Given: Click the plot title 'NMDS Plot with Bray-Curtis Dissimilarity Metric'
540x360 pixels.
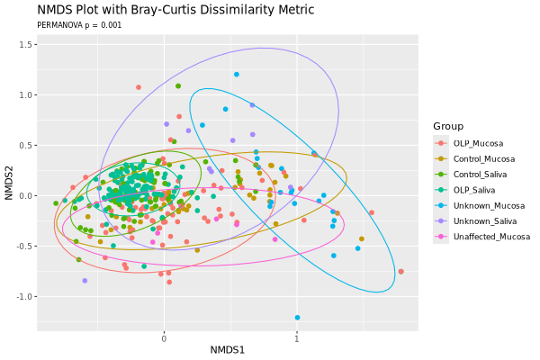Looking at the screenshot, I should [175, 10].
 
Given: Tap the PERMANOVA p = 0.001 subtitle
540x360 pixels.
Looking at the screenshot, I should [79, 25].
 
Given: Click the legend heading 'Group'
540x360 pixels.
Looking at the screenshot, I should [448, 125].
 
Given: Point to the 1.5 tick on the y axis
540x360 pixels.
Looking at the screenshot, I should [26, 44].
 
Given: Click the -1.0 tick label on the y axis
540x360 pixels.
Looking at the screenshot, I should [24, 296].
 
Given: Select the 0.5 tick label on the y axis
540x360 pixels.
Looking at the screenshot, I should [26, 145].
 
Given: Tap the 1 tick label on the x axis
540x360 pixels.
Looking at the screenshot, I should [296, 339].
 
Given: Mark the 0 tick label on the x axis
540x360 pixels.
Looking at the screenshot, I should [164, 339].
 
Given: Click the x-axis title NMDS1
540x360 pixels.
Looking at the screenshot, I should [228, 350].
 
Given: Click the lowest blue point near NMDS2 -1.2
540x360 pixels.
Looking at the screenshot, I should [297, 317].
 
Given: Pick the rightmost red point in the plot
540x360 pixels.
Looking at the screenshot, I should [400, 271].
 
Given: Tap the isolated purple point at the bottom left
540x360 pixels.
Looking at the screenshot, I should [85, 281].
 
